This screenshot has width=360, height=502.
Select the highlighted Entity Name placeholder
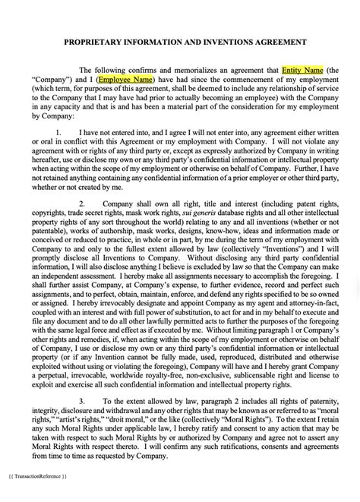tap(302, 69)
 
